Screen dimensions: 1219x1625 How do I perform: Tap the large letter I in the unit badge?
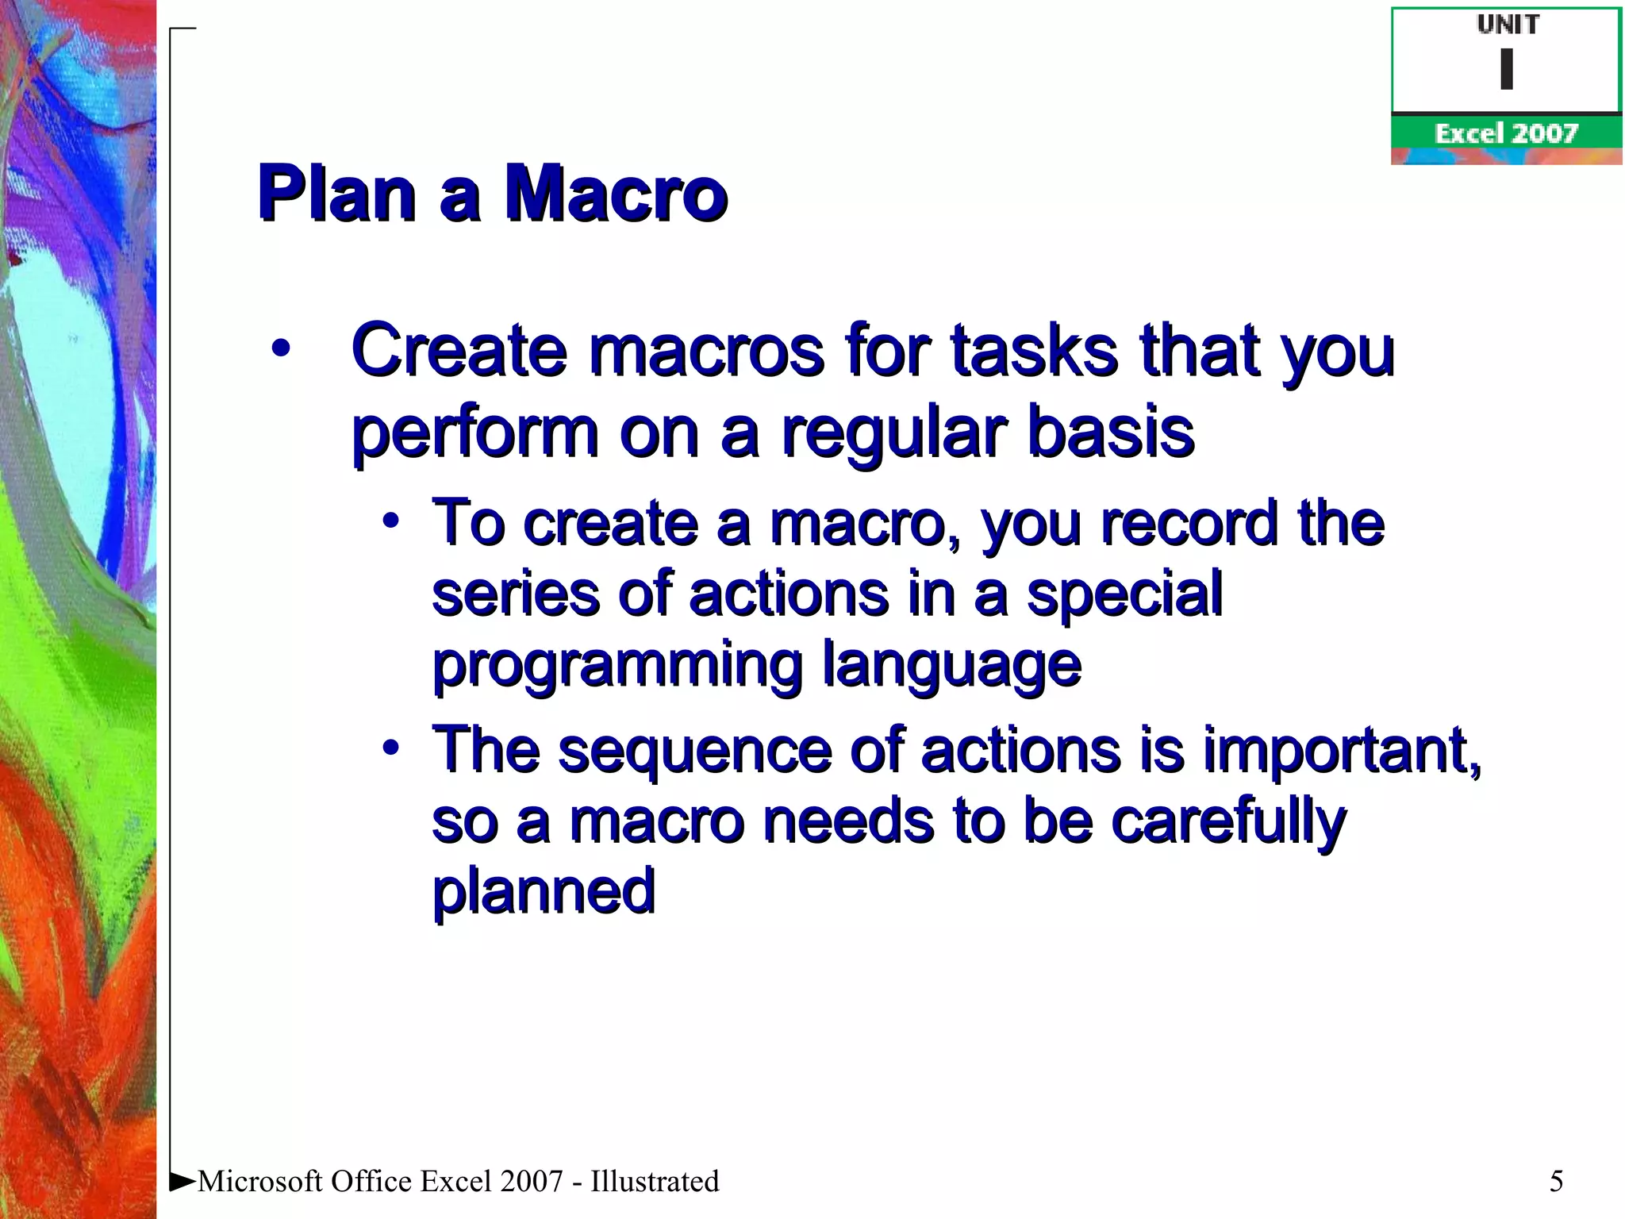(1506, 69)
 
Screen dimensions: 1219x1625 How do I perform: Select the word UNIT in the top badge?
(1508, 25)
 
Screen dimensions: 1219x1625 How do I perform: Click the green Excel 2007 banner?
(1506, 133)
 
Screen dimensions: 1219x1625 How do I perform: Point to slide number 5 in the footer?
(1556, 1181)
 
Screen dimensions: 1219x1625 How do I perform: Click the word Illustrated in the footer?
(655, 1181)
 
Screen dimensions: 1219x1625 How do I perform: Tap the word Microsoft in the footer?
(260, 1181)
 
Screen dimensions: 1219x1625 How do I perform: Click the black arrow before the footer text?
(182, 1181)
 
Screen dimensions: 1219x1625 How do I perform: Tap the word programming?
(617, 665)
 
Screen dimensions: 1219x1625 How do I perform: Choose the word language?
(951, 665)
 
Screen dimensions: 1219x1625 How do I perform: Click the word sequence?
(694, 750)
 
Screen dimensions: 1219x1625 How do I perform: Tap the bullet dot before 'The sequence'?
(390, 748)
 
